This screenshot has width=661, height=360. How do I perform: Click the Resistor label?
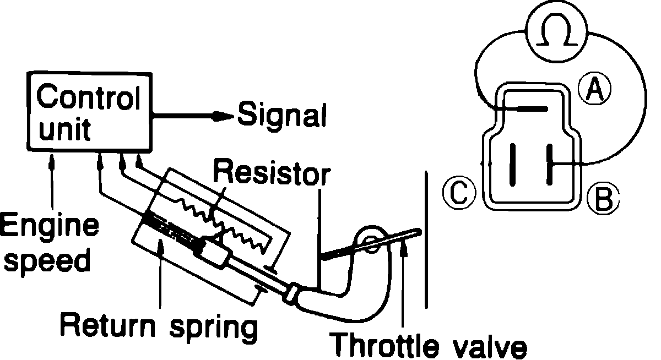click(270, 173)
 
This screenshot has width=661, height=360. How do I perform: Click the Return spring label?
click(159, 326)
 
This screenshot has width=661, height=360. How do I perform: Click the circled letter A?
click(594, 90)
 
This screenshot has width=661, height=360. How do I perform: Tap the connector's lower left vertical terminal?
click(513, 163)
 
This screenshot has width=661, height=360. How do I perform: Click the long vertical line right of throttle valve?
click(426, 242)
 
